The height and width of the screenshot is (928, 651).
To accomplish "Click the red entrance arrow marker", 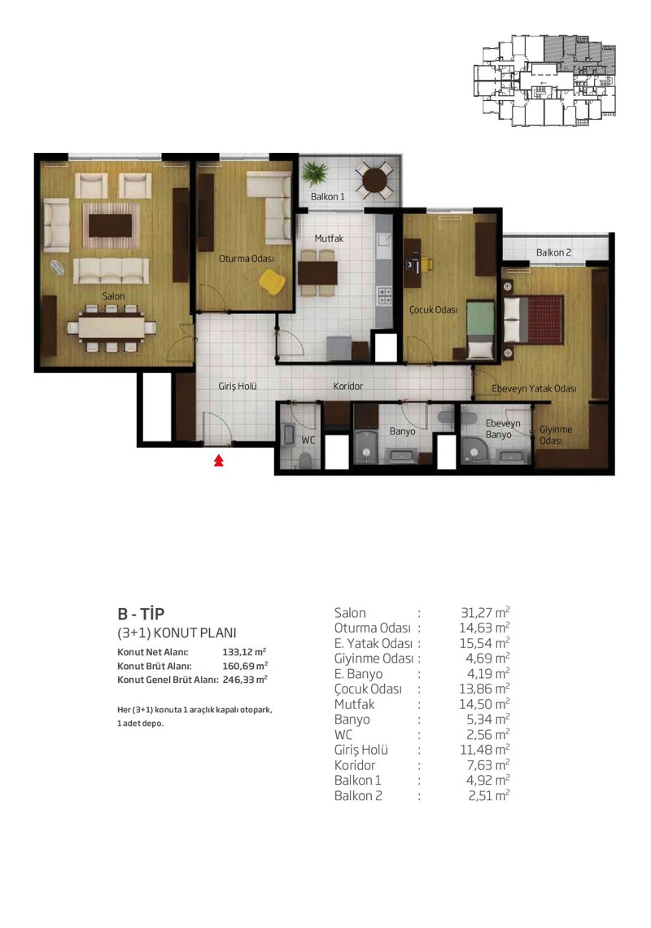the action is tap(218, 460).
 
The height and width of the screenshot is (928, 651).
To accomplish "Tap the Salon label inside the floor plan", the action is tap(113, 296).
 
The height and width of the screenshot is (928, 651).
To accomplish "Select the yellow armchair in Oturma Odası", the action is tap(272, 282).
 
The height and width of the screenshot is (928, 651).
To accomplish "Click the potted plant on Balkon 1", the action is tap(315, 173).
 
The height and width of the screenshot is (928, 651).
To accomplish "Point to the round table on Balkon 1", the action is tap(374, 180).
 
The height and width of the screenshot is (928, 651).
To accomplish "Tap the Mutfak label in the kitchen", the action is tap(329, 239).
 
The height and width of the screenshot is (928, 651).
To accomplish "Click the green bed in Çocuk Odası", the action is tap(480, 329).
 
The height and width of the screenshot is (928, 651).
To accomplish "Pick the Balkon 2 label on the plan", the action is tap(553, 252).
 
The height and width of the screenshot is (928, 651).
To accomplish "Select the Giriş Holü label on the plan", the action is tap(238, 386).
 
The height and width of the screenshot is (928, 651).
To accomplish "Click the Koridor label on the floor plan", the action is tap(348, 386).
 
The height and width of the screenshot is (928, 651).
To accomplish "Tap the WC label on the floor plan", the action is tap(308, 440).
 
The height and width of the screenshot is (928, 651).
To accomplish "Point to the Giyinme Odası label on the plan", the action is tap(555, 435).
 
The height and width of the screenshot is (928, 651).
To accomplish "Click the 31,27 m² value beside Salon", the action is tap(485, 612).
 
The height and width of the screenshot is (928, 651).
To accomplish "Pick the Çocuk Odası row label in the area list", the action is tap(368, 689).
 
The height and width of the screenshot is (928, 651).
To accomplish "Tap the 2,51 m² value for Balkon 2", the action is tap(489, 795).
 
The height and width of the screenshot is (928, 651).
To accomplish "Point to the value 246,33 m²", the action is tap(245, 680).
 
